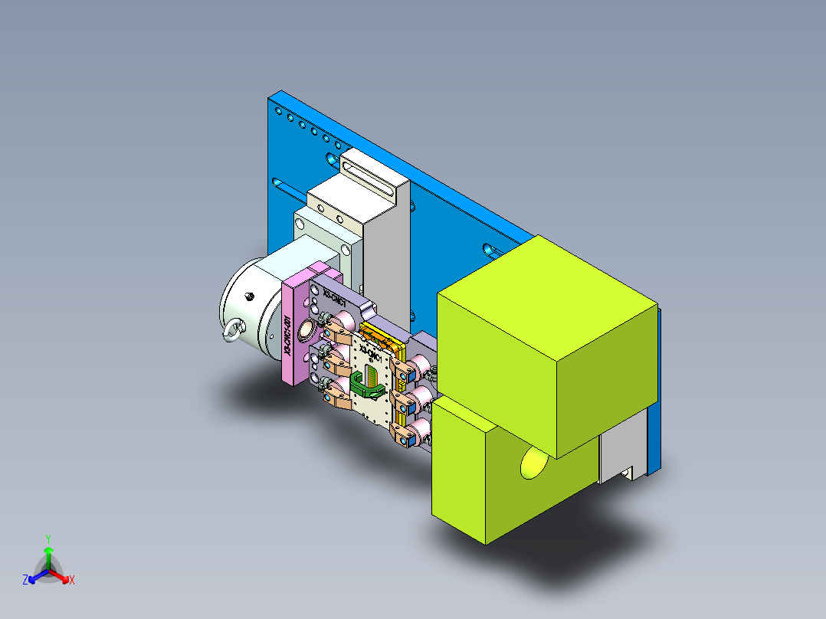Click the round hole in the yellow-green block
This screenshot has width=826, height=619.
pos(533,463)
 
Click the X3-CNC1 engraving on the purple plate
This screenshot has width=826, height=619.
pos(335,299)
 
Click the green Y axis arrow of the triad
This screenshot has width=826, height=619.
pos(48,550)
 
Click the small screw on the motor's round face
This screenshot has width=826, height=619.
pos(248,296)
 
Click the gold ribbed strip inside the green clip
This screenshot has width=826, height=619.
pos(372,376)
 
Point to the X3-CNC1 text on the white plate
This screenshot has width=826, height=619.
pos(374,356)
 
